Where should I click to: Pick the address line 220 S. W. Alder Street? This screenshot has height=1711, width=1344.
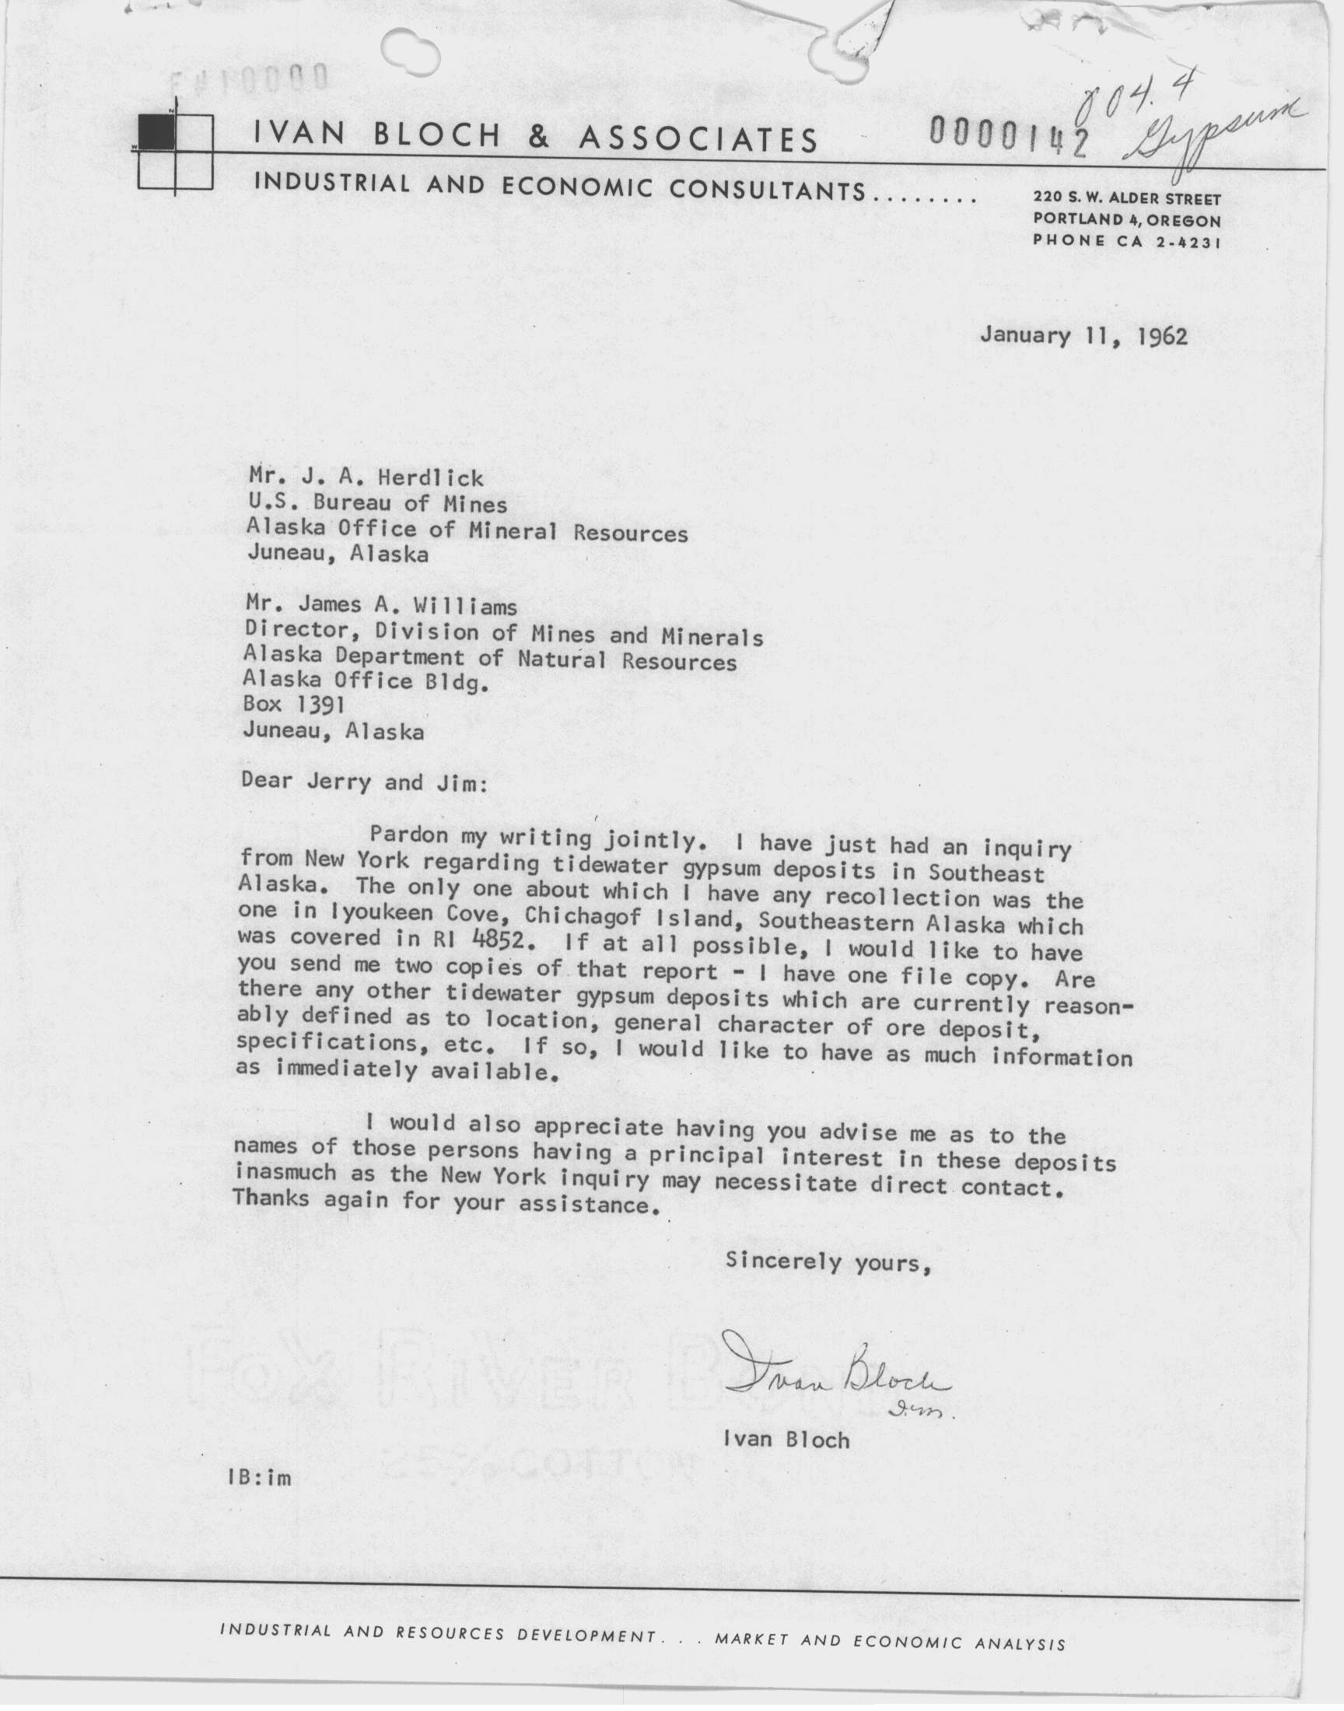[x=1127, y=200]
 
